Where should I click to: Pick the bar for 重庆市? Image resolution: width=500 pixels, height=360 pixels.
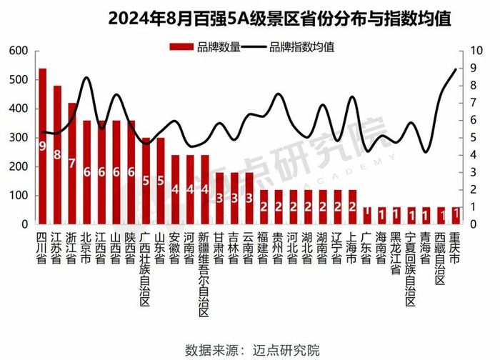[456, 216]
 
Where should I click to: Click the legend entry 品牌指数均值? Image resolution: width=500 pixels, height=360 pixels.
[286, 47]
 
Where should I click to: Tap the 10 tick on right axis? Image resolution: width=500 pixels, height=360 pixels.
[474, 51]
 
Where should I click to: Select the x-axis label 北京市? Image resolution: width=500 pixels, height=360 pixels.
[87, 246]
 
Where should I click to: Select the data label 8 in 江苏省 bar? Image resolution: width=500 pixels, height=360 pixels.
[57, 154]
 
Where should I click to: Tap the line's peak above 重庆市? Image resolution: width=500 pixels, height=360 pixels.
[456, 69]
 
